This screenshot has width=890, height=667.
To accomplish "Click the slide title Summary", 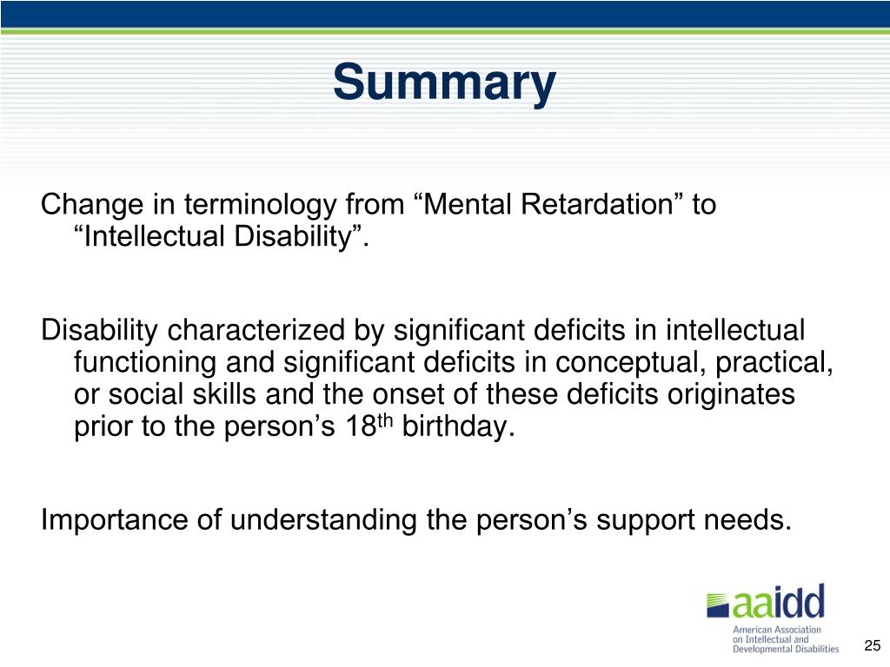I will [443, 83].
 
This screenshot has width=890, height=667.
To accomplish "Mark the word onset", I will [417, 395].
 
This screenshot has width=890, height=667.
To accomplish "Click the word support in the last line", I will [668, 521].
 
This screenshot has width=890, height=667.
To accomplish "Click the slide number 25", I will [872, 645].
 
